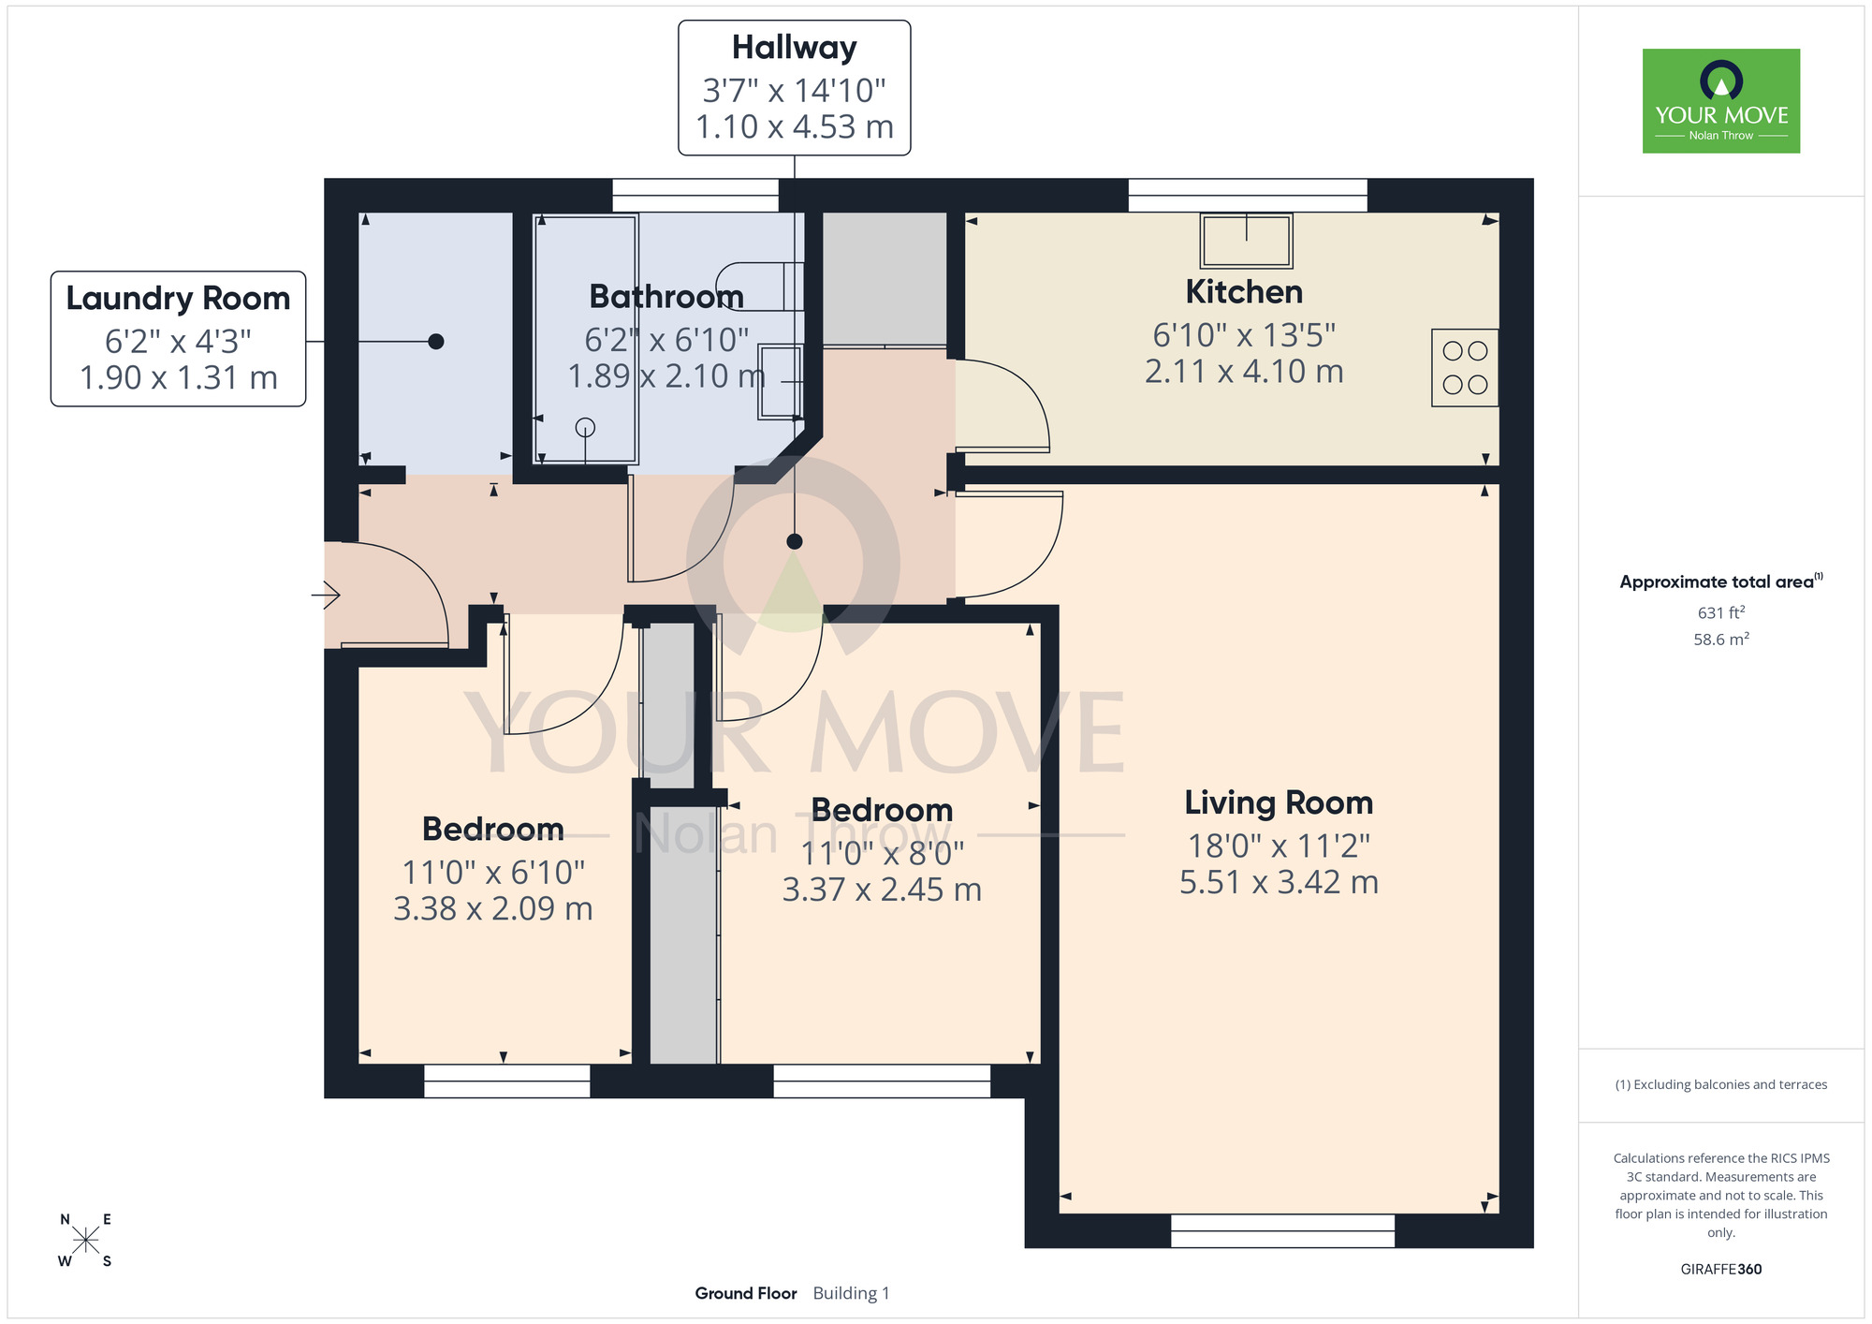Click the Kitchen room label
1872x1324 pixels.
(1244, 292)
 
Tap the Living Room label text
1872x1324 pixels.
(1279, 802)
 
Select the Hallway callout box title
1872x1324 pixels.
(794, 47)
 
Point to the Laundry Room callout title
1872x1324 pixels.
(178, 298)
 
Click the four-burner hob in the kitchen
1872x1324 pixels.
(1465, 367)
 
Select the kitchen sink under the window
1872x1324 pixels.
(1246, 241)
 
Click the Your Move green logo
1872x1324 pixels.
(1721, 101)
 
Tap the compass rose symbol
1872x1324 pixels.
(85, 1241)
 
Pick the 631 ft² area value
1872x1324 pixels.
(1721, 612)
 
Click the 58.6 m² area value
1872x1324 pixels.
(1721, 640)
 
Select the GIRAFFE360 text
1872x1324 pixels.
(1721, 1270)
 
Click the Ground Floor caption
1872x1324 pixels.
(746, 1293)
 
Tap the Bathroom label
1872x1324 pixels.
(666, 297)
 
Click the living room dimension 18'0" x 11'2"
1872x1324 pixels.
(1279, 846)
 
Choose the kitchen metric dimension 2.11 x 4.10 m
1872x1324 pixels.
(1244, 371)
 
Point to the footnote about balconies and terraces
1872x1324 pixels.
(1721, 1084)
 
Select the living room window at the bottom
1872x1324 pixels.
(1282, 1231)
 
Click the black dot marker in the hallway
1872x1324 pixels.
(795, 541)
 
